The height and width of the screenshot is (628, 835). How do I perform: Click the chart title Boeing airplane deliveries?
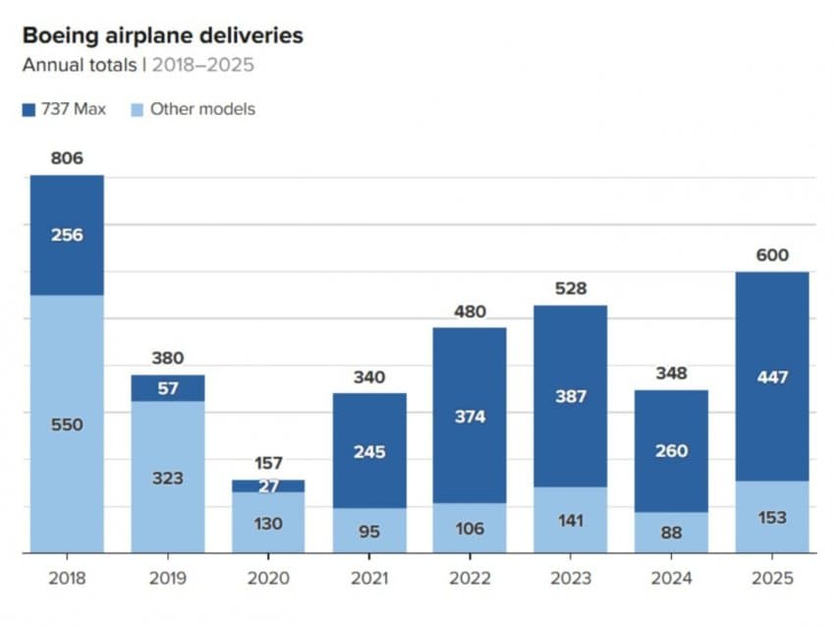162,36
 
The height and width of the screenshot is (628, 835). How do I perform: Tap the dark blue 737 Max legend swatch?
28,109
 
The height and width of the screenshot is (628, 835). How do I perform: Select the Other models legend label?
201,109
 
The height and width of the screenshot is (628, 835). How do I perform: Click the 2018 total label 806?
67,157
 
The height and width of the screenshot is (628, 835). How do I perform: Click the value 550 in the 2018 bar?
67,426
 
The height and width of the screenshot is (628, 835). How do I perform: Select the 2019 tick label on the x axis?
168,577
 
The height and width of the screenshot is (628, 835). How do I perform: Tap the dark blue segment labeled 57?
168,388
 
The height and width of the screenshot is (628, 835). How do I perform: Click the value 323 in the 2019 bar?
168,479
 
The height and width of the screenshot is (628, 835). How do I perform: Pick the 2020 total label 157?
268,462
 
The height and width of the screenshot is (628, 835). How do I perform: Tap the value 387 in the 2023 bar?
571,397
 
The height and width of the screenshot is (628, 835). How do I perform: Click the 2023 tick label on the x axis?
571,577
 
